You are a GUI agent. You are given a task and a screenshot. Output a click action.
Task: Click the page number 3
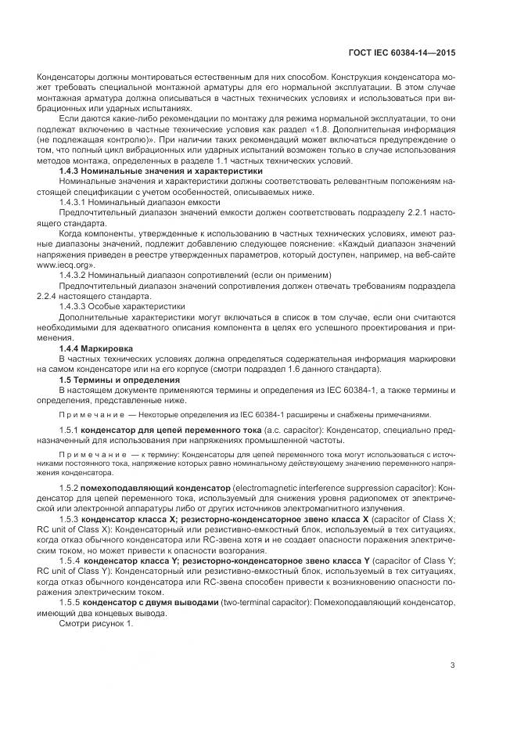453,666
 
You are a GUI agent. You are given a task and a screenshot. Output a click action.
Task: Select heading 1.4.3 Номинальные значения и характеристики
160,171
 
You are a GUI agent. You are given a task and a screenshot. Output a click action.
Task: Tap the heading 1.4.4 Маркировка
96,348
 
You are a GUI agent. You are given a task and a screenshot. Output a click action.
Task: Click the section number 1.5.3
70,518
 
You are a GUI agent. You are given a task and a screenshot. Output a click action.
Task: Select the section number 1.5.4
70,561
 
